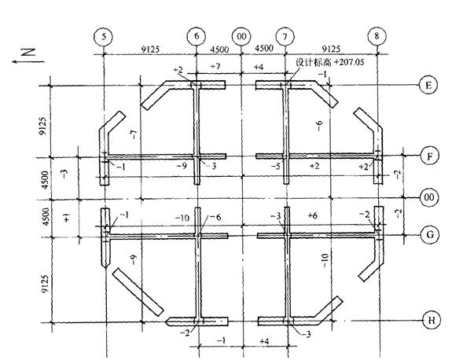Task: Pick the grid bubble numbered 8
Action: [378, 36]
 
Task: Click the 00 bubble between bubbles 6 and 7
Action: [241, 36]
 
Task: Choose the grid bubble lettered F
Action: [429, 155]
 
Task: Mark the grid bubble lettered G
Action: [429, 234]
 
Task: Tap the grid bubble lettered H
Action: [429, 320]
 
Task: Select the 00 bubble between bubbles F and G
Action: [429, 196]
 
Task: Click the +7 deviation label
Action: [215, 68]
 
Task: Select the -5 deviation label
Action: [275, 167]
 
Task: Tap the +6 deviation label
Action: [312, 215]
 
